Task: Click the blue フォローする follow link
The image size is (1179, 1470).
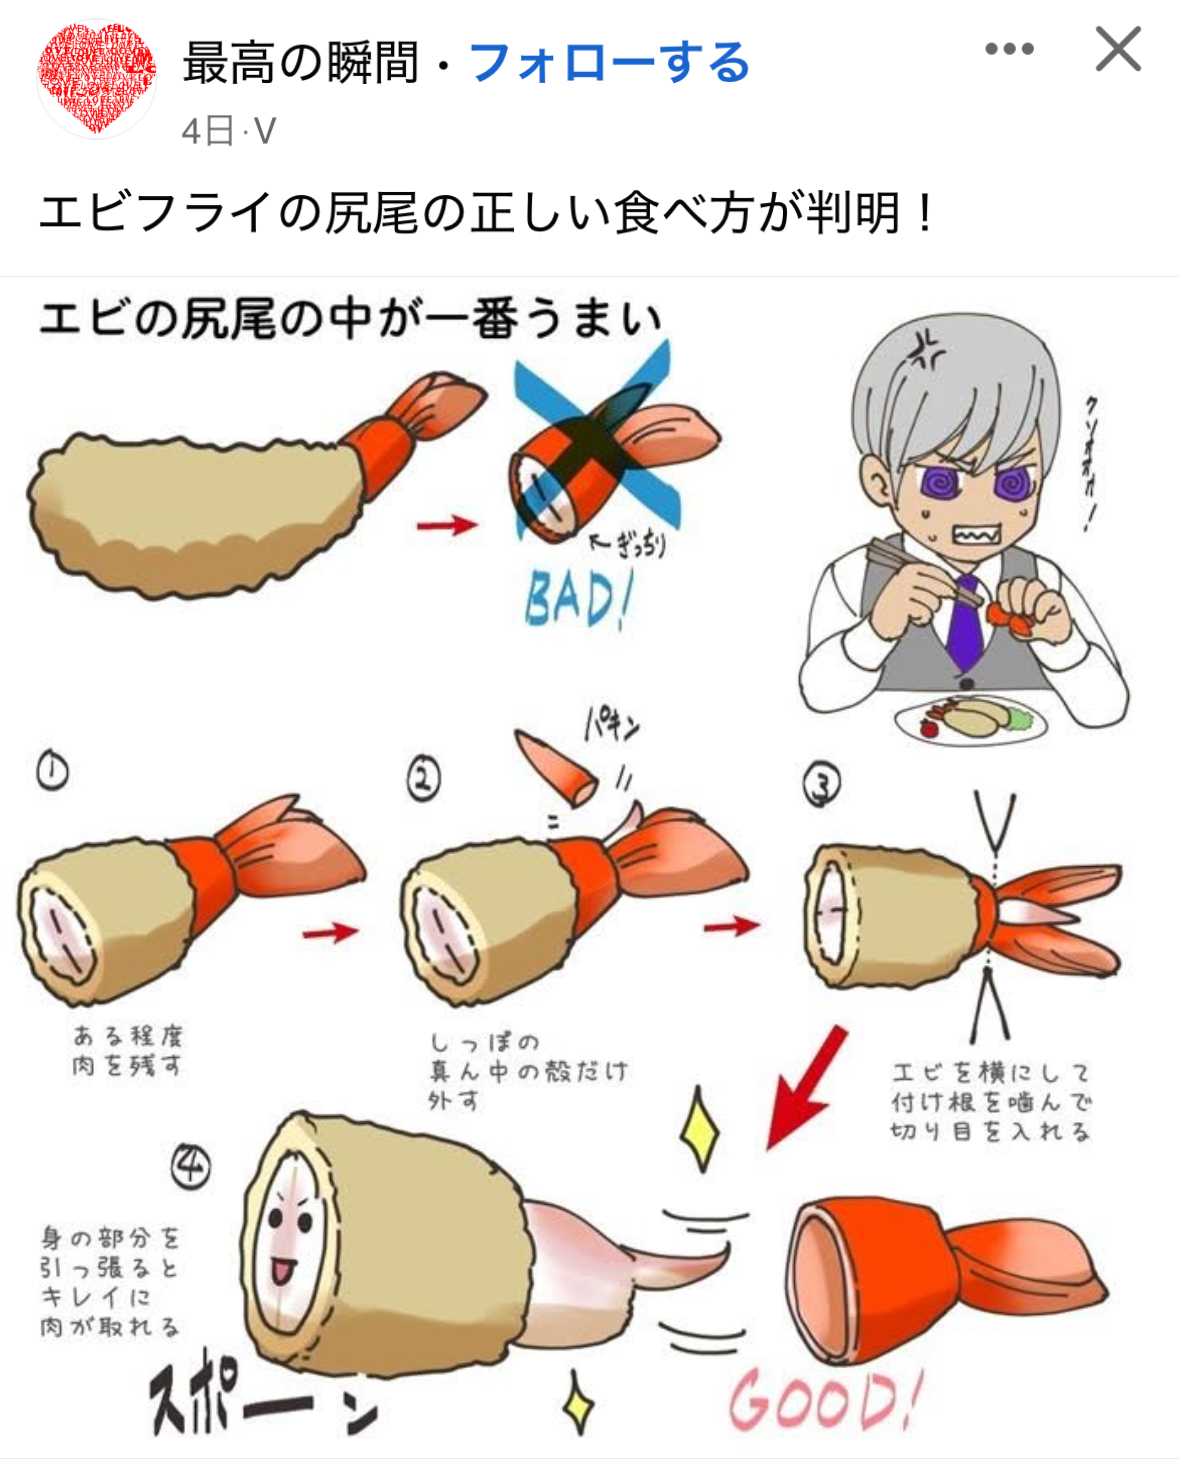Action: point(609,63)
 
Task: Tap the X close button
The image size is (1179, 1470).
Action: point(1117,49)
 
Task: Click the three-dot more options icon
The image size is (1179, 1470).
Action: point(1009,49)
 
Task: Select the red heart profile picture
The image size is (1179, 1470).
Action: point(96,78)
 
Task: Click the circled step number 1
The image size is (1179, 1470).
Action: point(53,771)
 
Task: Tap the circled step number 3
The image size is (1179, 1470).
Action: point(822,784)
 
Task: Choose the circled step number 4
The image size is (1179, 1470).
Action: point(191,1165)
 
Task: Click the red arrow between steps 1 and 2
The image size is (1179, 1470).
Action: point(330,932)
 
